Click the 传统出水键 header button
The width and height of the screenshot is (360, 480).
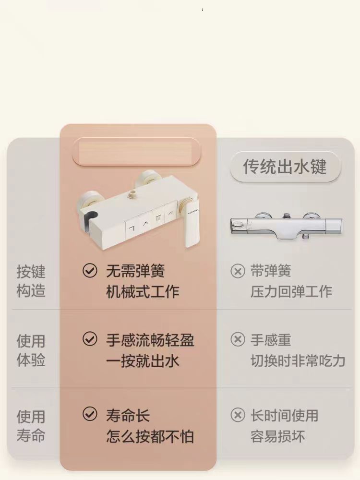click(285, 167)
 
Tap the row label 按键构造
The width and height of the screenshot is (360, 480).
click(31, 281)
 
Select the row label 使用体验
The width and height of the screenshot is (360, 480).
click(31, 350)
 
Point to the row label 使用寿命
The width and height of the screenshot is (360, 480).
click(31, 426)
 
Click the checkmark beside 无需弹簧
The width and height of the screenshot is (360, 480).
click(90, 271)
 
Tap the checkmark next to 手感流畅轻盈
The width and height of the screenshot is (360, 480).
click(90, 339)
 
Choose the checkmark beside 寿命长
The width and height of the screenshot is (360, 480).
click(90, 414)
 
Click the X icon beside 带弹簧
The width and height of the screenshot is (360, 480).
click(238, 271)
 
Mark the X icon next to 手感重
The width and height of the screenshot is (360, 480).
click(238, 339)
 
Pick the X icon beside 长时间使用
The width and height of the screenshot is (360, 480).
click(238, 415)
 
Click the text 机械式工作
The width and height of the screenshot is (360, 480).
click(143, 291)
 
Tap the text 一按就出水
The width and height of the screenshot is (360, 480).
click(143, 361)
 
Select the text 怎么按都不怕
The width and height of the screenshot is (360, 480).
click(150, 436)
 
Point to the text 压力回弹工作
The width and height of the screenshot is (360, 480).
click(291, 291)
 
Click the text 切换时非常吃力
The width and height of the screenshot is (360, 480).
click(298, 361)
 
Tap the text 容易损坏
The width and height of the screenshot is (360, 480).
click(277, 436)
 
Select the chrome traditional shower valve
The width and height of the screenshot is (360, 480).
click(286, 226)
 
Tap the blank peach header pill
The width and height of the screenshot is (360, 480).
click(136, 152)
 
